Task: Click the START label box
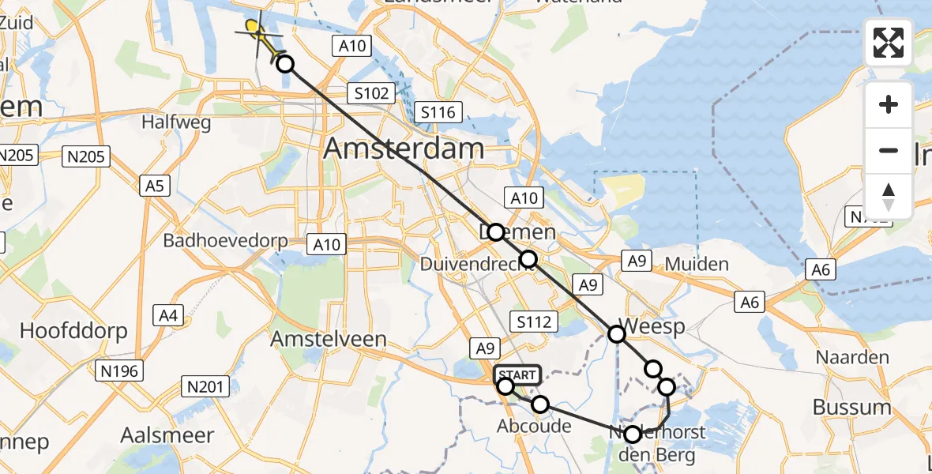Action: click(517, 374)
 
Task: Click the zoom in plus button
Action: click(889, 104)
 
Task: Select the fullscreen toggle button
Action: click(889, 43)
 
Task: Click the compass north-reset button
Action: click(889, 197)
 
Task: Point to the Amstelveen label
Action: click(329, 339)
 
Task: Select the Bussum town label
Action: click(851, 408)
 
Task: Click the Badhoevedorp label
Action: click(224, 240)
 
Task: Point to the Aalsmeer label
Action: click(167, 435)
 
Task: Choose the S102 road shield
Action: click(371, 93)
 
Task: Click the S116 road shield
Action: click(438, 112)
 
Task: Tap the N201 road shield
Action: click(205, 386)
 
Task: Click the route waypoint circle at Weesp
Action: click(616, 334)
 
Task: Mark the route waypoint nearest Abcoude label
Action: click(540, 404)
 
